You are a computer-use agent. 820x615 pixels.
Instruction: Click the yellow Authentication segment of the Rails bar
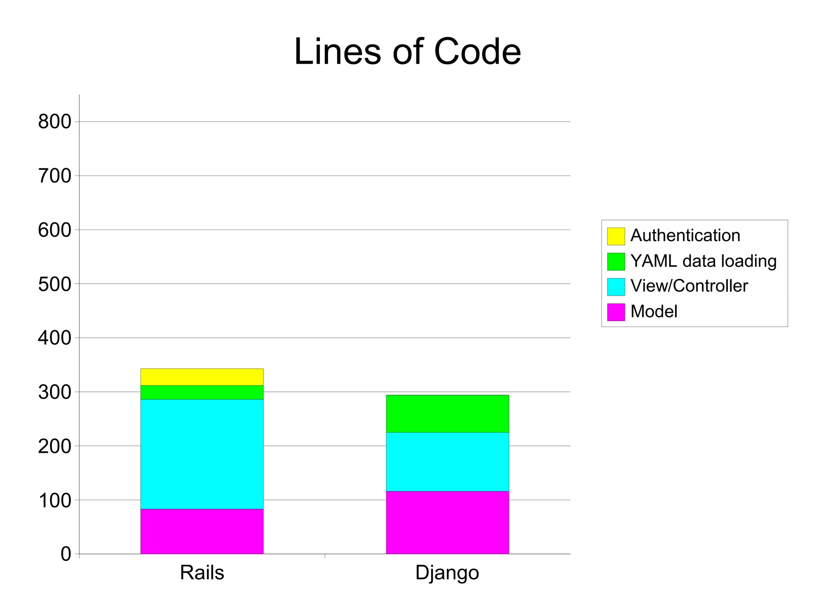202,377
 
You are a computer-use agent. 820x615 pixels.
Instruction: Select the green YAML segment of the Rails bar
202,392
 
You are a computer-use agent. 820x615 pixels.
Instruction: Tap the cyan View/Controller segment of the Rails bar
202,454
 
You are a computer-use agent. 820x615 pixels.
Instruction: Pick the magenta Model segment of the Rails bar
202,531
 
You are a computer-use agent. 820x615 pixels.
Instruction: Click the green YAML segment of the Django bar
447,413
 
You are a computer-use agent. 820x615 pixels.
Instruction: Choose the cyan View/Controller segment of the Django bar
447,462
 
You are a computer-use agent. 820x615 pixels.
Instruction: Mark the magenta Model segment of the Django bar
447,522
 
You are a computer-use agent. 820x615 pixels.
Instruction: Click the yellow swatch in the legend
616,236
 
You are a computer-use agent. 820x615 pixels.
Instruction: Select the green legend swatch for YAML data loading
616,261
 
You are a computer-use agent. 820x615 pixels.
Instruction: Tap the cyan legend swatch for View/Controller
616,286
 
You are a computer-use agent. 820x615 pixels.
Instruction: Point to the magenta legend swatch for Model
616,312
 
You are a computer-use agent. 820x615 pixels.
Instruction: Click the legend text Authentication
685,236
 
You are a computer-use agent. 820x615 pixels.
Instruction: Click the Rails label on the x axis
202,573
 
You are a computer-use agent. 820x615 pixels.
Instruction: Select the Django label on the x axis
447,573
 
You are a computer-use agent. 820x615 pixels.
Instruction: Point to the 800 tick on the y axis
54,122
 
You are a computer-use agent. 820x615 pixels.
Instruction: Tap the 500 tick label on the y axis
54,284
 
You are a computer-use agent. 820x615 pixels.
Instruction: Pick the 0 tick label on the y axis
66,554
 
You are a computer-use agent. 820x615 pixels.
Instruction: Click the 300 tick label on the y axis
54,392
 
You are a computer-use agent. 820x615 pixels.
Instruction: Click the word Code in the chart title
477,52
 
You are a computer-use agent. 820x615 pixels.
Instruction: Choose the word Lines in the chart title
338,52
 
